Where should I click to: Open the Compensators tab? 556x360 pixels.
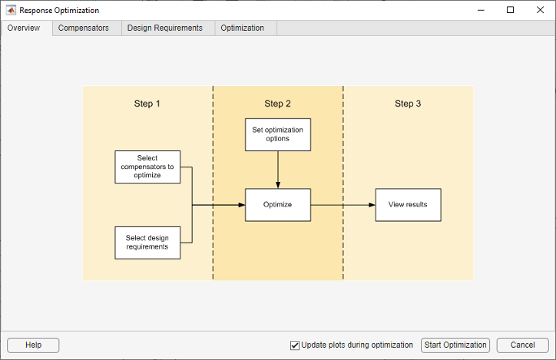pyautogui.click(x=84, y=28)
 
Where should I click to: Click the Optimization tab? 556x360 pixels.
pyautogui.click(x=242, y=28)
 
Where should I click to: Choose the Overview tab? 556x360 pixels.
pyautogui.click(x=24, y=28)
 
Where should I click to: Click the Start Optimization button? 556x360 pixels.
pyautogui.click(x=455, y=345)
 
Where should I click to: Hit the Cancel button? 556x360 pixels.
pyautogui.click(x=522, y=345)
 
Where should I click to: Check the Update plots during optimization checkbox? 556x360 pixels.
pyautogui.click(x=295, y=345)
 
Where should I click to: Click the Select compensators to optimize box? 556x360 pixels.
pyautogui.click(x=147, y=167)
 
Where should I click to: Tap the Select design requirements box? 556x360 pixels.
pyautogui.click(x=147, y=243)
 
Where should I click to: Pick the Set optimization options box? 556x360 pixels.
pyautogui.click(x=277, y=134)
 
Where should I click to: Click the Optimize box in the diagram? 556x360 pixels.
pyautogui.click(x=277, y=205)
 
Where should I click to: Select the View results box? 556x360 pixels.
pyautogui.click(x=408, y=205)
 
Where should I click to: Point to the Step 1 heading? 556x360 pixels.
pyautogui.click(x=147, y=104)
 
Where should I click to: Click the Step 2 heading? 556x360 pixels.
pyautogui.click(x=277, y=104)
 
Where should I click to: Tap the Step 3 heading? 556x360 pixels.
pyautogui.click(x=408, y=104)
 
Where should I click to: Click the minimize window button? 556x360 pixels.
pyautogui.click(x=482, y=10)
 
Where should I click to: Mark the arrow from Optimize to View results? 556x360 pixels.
pyautogui.click(x=343, y=205)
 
